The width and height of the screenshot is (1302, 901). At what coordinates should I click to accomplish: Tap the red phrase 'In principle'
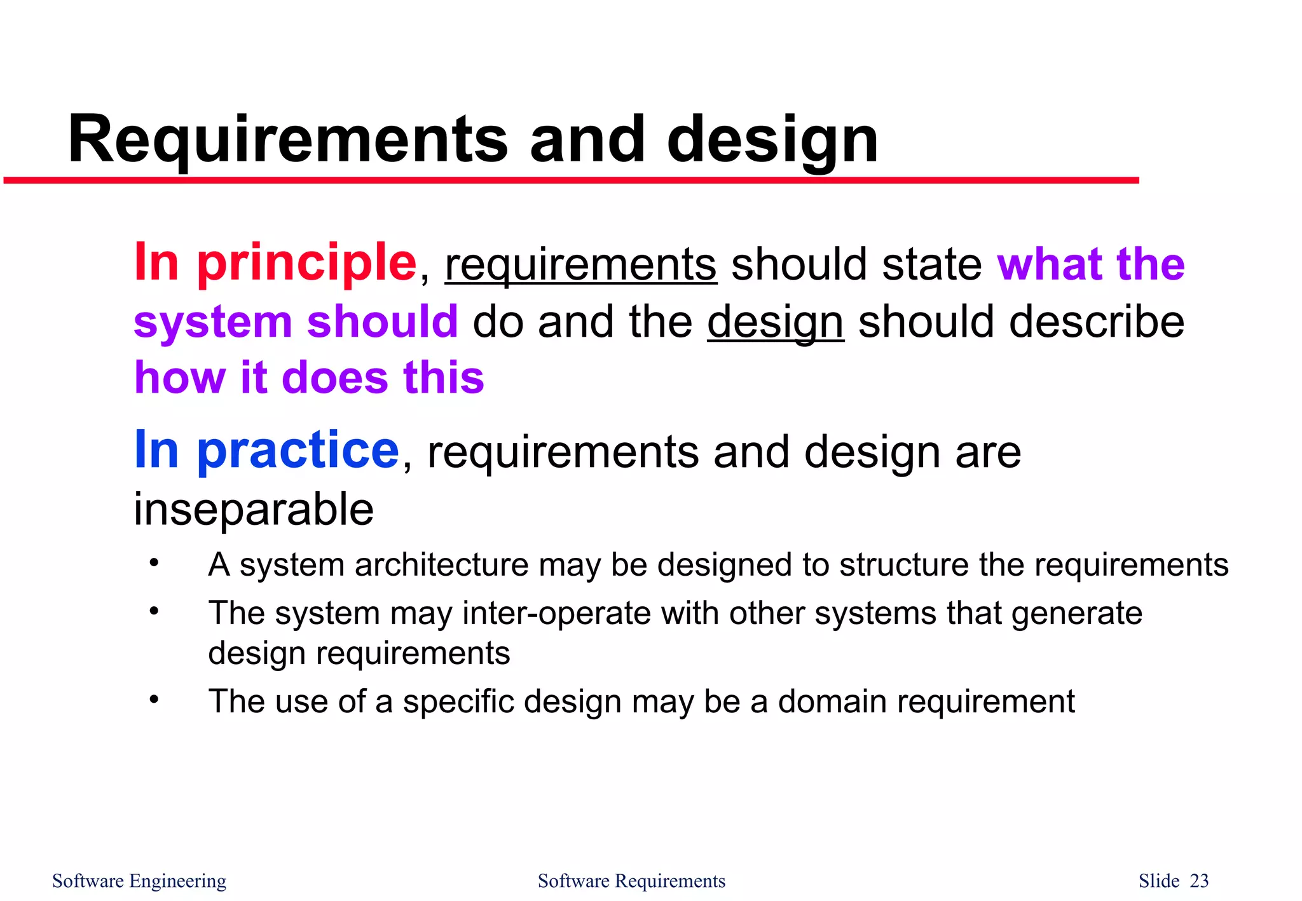(275, 262)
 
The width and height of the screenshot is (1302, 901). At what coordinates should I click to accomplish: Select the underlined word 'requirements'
(580, 264)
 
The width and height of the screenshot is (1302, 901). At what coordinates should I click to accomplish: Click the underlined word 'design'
(775, 322)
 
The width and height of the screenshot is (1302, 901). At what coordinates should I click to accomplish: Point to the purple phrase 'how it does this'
(309, 377)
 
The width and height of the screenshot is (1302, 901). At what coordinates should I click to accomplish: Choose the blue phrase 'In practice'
(266, 450)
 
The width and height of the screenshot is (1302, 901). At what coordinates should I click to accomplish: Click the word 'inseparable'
(254, 510)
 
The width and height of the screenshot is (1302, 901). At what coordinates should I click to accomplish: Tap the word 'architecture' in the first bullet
(441, 564)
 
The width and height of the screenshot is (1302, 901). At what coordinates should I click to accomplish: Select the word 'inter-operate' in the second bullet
(557, 613)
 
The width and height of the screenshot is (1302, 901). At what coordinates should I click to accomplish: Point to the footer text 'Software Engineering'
(139, 881)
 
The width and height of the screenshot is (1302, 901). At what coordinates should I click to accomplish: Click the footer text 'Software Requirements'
(631, 881)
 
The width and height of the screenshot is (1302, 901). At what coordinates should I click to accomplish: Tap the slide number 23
(1199, 881)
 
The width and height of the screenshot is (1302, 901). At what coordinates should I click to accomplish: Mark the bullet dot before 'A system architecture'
(154, 563)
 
